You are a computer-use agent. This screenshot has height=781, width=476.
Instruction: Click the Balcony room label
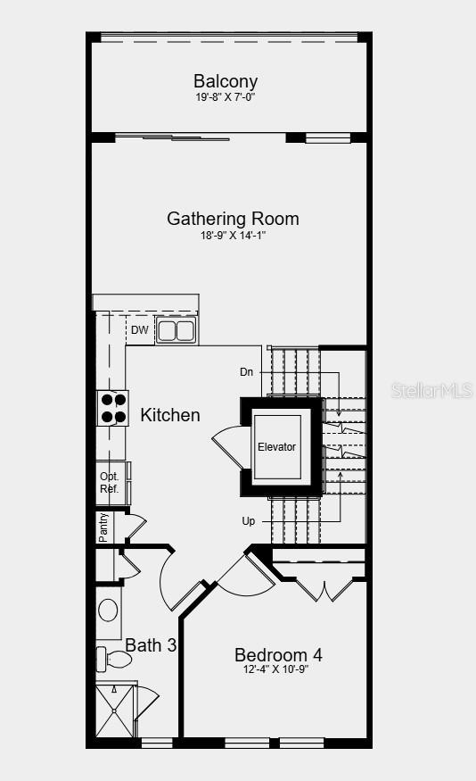226,82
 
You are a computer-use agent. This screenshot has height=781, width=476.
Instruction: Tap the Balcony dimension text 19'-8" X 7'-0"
226,97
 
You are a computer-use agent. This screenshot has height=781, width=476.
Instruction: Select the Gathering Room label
233,219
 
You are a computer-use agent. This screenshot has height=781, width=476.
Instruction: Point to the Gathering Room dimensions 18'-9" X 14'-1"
233,236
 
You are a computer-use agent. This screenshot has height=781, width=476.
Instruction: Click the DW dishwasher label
139,330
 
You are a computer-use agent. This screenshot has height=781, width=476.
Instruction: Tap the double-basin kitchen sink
176,331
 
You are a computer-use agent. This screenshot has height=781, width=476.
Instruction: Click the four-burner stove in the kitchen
112,408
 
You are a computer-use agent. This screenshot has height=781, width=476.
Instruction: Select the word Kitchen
170,415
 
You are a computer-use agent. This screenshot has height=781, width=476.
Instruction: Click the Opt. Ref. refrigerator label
109,483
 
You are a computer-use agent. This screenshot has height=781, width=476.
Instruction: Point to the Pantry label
103,528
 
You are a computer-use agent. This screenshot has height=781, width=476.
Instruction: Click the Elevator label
276,447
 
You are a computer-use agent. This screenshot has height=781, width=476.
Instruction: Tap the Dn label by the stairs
247,371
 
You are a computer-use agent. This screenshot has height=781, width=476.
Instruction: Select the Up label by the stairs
248,520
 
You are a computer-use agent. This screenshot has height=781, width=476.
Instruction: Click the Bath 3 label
150,644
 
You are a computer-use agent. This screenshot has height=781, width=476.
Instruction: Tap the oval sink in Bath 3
109,611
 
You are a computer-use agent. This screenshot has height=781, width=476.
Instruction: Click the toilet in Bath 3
113,660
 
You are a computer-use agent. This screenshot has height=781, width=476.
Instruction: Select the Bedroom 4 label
278,655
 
